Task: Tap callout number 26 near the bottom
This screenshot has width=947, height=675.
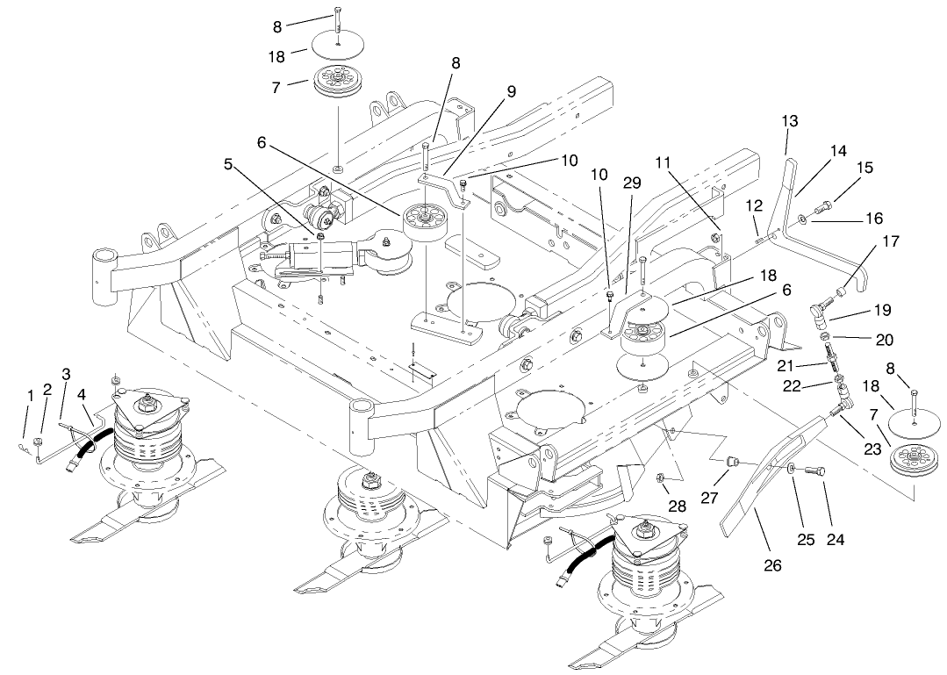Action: click(x=772, y=565)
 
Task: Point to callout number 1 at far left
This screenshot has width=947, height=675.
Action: click(x=30, y=396)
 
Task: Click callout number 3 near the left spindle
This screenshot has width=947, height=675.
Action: click(x=65, y=374)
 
